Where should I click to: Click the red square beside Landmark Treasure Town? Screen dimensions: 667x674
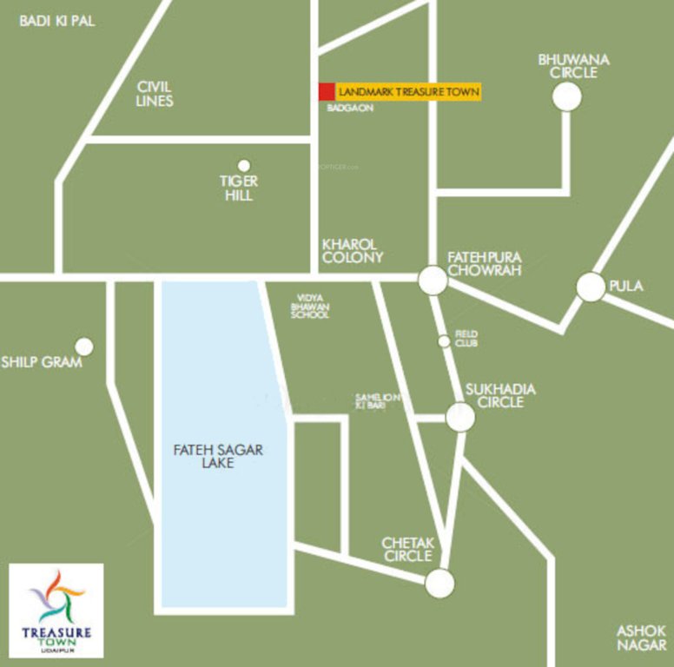coord(327,91)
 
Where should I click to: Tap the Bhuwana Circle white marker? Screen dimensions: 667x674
coord(566,96)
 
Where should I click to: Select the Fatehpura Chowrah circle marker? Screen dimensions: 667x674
coord(433,280)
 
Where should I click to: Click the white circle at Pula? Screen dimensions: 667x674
coord(591,287)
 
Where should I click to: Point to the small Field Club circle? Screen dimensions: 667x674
coord(445,341)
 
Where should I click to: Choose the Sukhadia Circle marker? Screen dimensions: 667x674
coord(460,417)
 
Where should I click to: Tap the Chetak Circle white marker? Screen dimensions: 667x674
coord(439,584)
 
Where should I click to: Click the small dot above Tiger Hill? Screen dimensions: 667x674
coord(244,165)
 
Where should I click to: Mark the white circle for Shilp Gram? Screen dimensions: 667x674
coord(84,347)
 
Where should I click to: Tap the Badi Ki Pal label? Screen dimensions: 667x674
coord(57,21)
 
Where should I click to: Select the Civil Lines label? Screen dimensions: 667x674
coord(155,94)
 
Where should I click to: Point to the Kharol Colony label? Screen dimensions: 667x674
coord(352,251)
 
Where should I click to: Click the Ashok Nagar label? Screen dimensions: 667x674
coord(642,637)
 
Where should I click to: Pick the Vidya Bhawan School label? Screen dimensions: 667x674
coord(310,306)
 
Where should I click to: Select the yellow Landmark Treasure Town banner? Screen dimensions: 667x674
coord(407,91)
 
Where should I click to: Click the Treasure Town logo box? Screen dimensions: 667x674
coord(56,611)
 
